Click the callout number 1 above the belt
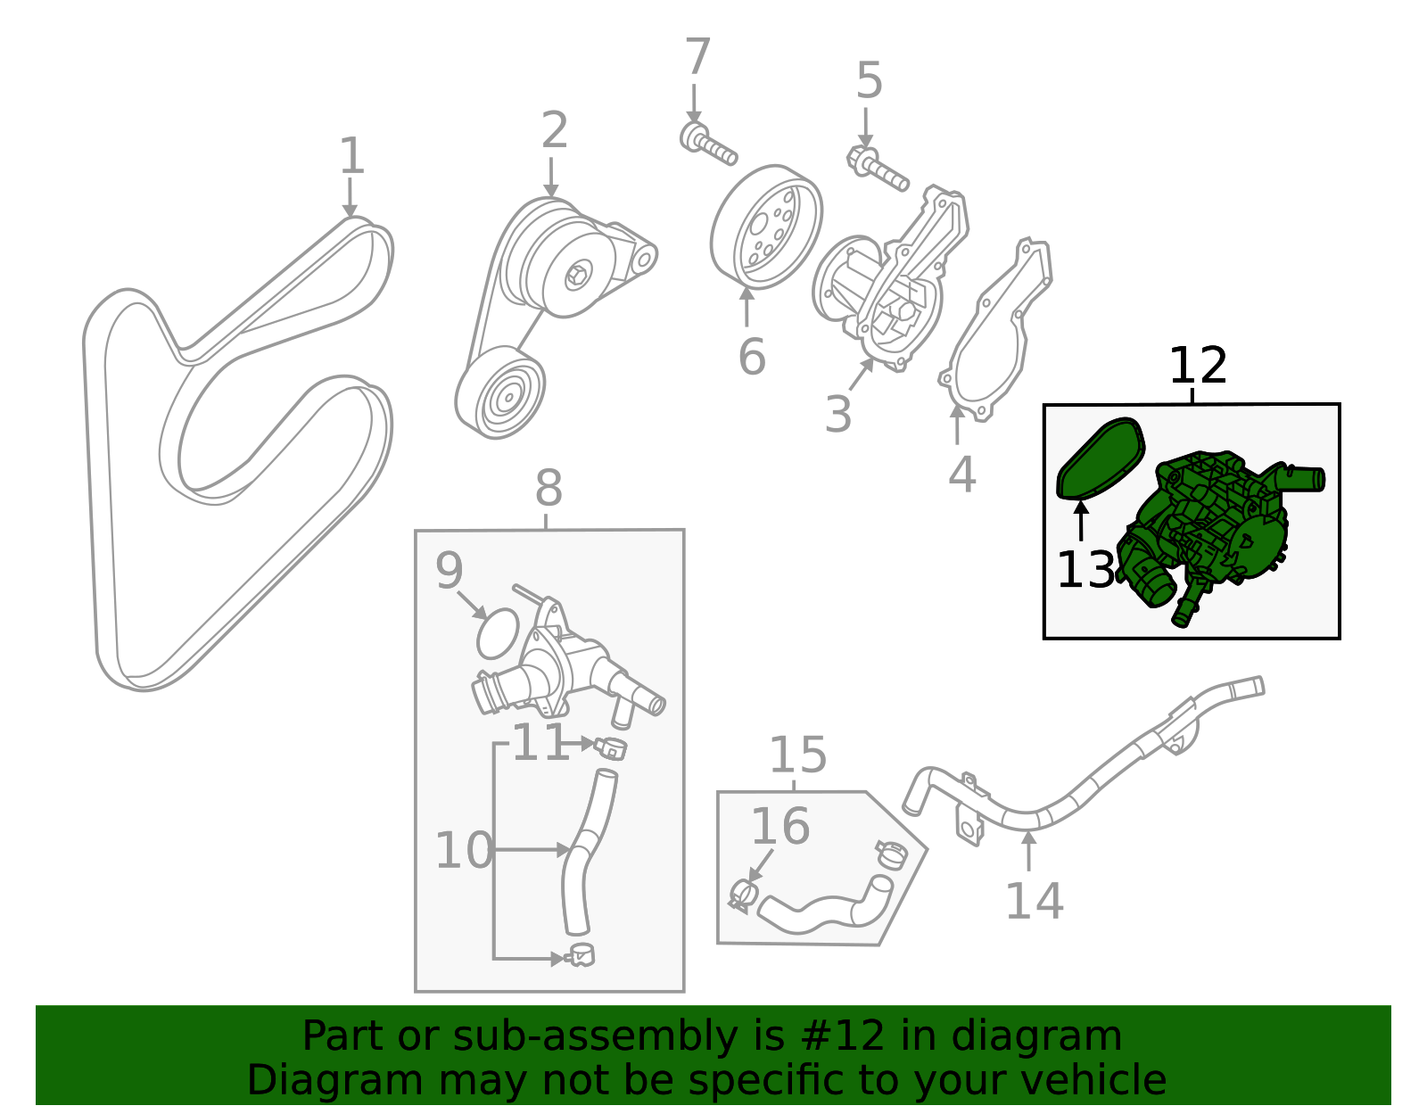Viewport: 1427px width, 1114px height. pos(352,156)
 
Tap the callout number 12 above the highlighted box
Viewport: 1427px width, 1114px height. pos(1198,366)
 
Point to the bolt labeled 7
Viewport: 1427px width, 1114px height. pos(709,145)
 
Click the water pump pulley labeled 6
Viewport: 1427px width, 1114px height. pos(766,227)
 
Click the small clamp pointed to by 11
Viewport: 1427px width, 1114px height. pos(612,747)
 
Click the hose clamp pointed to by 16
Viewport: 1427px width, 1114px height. pos(742,895)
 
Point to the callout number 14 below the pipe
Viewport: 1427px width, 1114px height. pos(1034,901)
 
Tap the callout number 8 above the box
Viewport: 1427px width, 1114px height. pos(549,489)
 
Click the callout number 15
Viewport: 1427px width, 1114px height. pos(797,755)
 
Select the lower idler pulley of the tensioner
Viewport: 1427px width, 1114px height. pos(500,393)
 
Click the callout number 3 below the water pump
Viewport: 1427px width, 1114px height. pos(837,414)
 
